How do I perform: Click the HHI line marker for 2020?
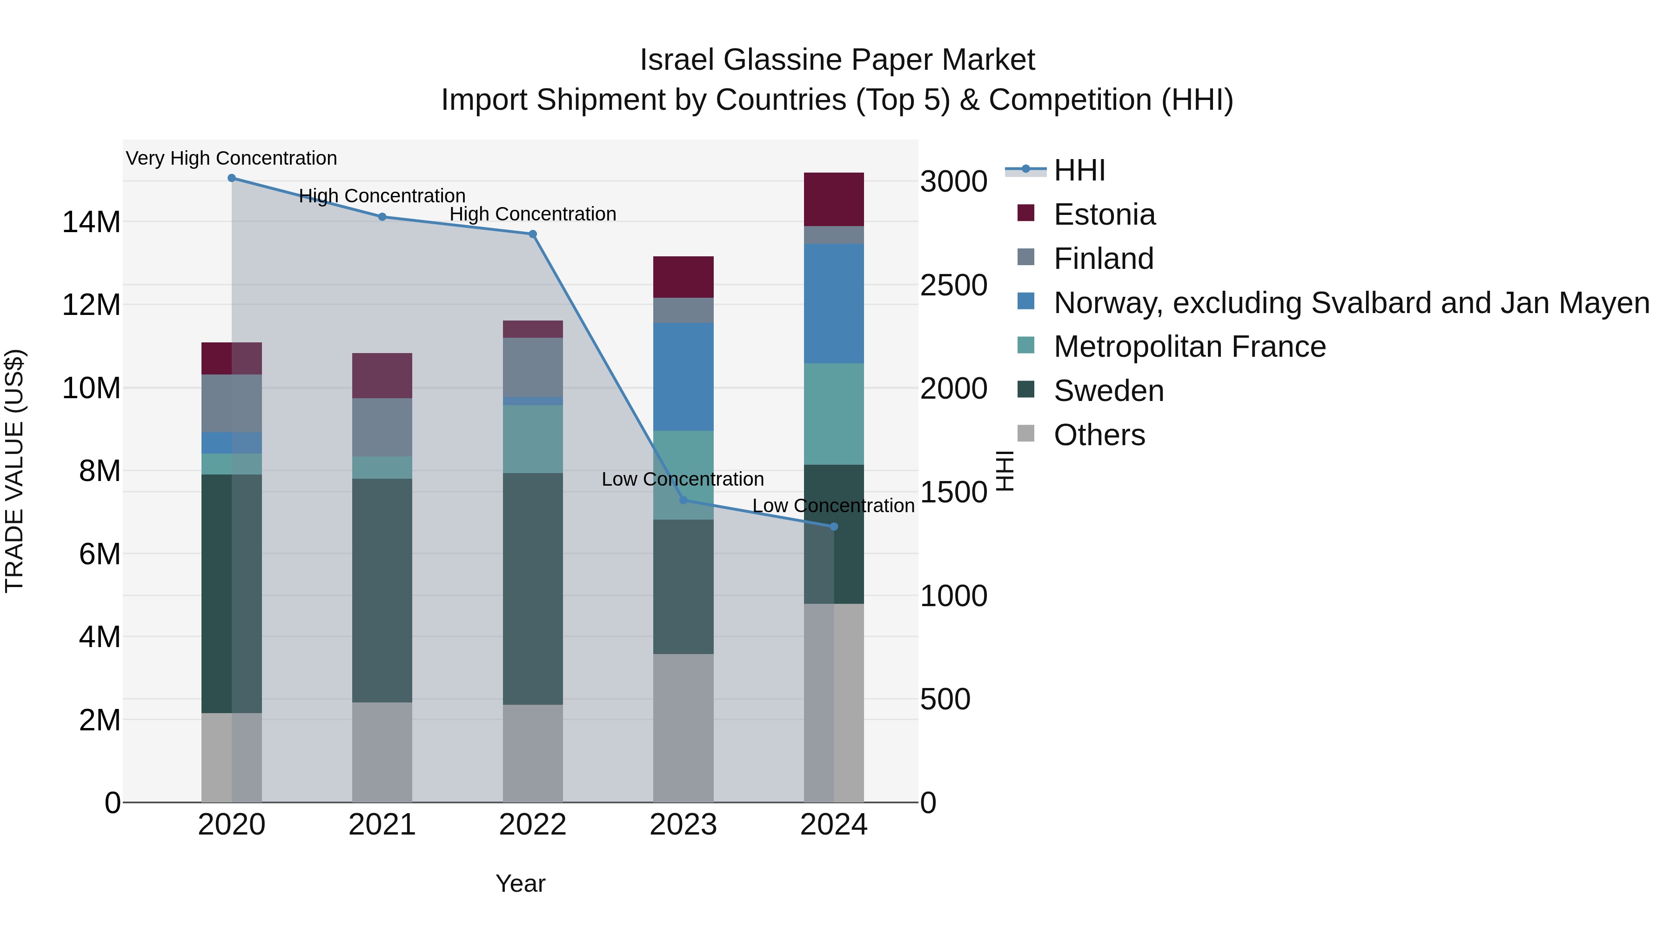tap(232, 178)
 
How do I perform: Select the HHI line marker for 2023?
tap(683, 500)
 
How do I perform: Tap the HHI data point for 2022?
tap(533, 234)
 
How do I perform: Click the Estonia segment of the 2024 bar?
tap(834, 200)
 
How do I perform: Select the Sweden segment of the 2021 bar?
tap(382, 590)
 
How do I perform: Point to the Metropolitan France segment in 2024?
tap(834, 414)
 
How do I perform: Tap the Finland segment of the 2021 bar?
tap(382, 427)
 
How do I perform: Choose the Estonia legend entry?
tap(1104, 214)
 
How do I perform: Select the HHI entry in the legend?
tap(1079, 170)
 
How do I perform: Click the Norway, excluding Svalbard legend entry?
tap(1351, 303)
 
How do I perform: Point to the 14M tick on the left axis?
tap(91, 222)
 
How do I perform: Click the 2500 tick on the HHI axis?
tap(953, 286)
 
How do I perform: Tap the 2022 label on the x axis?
tap(533, 825)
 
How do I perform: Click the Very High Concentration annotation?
tap(232, 158)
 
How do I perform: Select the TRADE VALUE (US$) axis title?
tap(14, 471)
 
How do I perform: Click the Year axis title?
tap(520, 883)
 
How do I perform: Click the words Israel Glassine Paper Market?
tap(837, 60)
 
